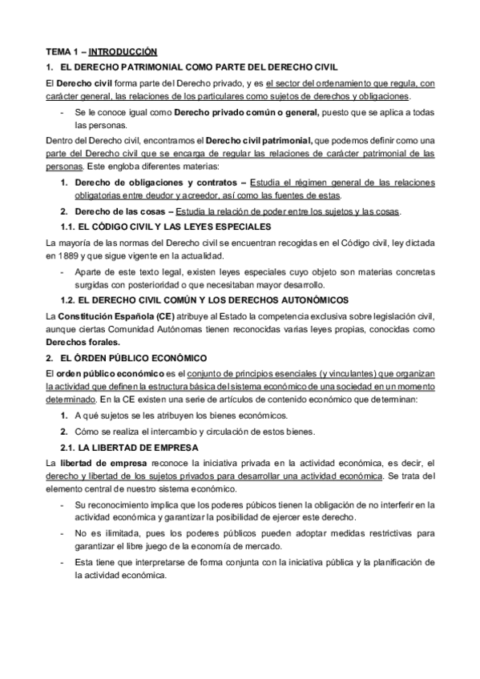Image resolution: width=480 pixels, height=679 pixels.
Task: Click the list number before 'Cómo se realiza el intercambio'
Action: [x=63, y=431]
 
